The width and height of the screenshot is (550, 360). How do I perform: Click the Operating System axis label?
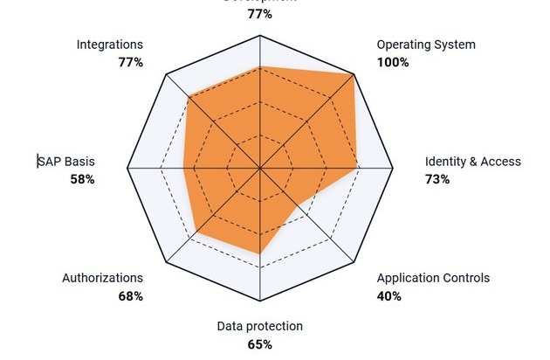pyautogui.click(x=426, y=45)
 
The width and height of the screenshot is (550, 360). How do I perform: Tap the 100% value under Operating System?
pyautogui.click(x=392, y=63)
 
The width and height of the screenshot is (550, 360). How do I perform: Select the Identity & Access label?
pyautogui.click(x=472, y=162)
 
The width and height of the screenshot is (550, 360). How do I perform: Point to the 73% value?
pyautogui.click(x=437, y=179)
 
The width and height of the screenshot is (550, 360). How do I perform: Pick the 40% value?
pyautogui.click(x=389, y=296)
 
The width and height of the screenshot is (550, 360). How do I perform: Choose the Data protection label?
pyautogui.click(x=259, y=327)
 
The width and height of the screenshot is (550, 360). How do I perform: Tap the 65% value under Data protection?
pyautogui.click(x=259, y=344)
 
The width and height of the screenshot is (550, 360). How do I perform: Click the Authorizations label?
pyautogui.click(x=102, y=279)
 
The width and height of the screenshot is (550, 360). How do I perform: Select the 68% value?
pyautogui.click(x=130, y=296)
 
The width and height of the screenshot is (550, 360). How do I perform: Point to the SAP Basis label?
pyautogui.click(x=66, y=162)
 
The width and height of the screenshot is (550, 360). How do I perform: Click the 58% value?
pyautogui.click(x=82, y=179)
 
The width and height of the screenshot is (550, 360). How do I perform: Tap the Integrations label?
pyautogui.click(x=109, y=45)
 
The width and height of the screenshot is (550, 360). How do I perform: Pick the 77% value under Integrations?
pyautogui.click(x=130, y=63)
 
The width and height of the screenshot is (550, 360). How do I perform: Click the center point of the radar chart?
pyautogui.click(x=260, y=167)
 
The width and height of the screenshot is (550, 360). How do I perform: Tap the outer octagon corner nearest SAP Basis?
pyautogui.click(x=127, y=167)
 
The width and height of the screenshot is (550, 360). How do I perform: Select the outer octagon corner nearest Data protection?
pyautogui.click(x=260, y=300)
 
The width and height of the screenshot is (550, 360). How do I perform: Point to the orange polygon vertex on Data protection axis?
pyautogui.click(x=260, y=253)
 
